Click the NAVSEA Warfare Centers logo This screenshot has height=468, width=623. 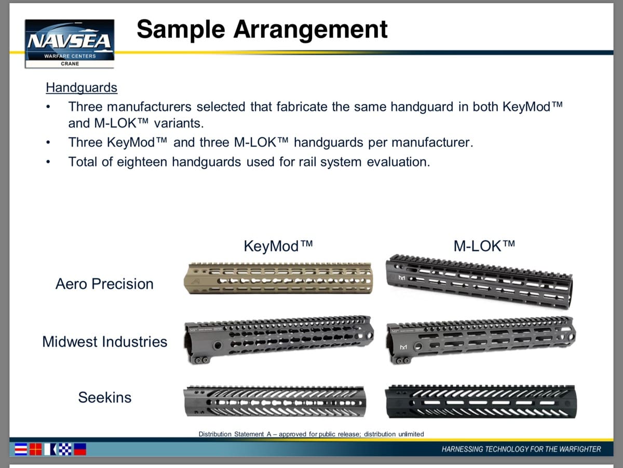click(70, 44)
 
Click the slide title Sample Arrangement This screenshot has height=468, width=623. click(262, 30)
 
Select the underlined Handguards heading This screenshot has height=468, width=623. click(82, 88)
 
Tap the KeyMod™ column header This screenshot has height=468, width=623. click(278, 246)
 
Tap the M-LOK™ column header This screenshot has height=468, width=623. click(484, 246)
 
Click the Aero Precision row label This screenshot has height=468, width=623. click(104, 284)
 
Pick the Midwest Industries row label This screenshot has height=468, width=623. click(105, 342)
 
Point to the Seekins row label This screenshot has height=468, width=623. click(105, 397)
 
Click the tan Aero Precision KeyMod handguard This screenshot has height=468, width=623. click(278, 278)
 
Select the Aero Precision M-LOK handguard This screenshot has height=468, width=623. click(479, 281)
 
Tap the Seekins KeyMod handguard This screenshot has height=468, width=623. click(275, 401)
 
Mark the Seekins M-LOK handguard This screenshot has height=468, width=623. click(481, 401)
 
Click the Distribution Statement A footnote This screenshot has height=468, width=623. click(311, 434)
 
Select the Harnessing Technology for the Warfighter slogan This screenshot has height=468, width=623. click(521, 449)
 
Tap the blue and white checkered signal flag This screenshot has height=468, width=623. click(65, 449)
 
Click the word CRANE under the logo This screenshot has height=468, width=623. click(70, 63)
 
